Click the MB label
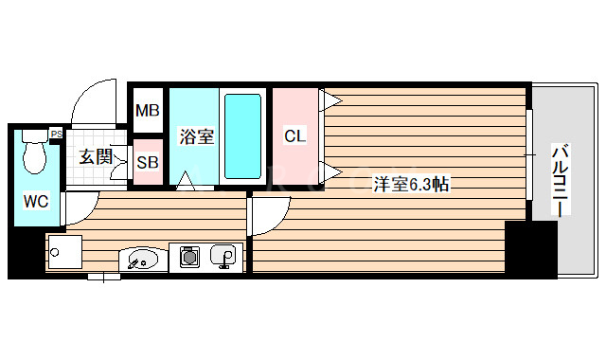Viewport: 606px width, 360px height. [147, 111]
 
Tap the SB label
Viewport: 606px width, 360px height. [147, 161]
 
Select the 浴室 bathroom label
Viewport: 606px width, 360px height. [197, 136]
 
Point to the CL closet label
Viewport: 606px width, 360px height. [295, 135]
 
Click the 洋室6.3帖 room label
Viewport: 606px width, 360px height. [410, 185]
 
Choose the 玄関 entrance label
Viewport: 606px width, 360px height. [95, 157]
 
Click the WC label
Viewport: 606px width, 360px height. [36, 201]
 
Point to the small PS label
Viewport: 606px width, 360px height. [56, 134]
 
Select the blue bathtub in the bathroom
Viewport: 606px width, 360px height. [244, 135]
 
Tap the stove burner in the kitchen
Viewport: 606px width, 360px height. [188, 256]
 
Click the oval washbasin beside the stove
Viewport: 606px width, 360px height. [141, 258]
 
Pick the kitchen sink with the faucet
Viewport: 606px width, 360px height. [223, 256]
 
